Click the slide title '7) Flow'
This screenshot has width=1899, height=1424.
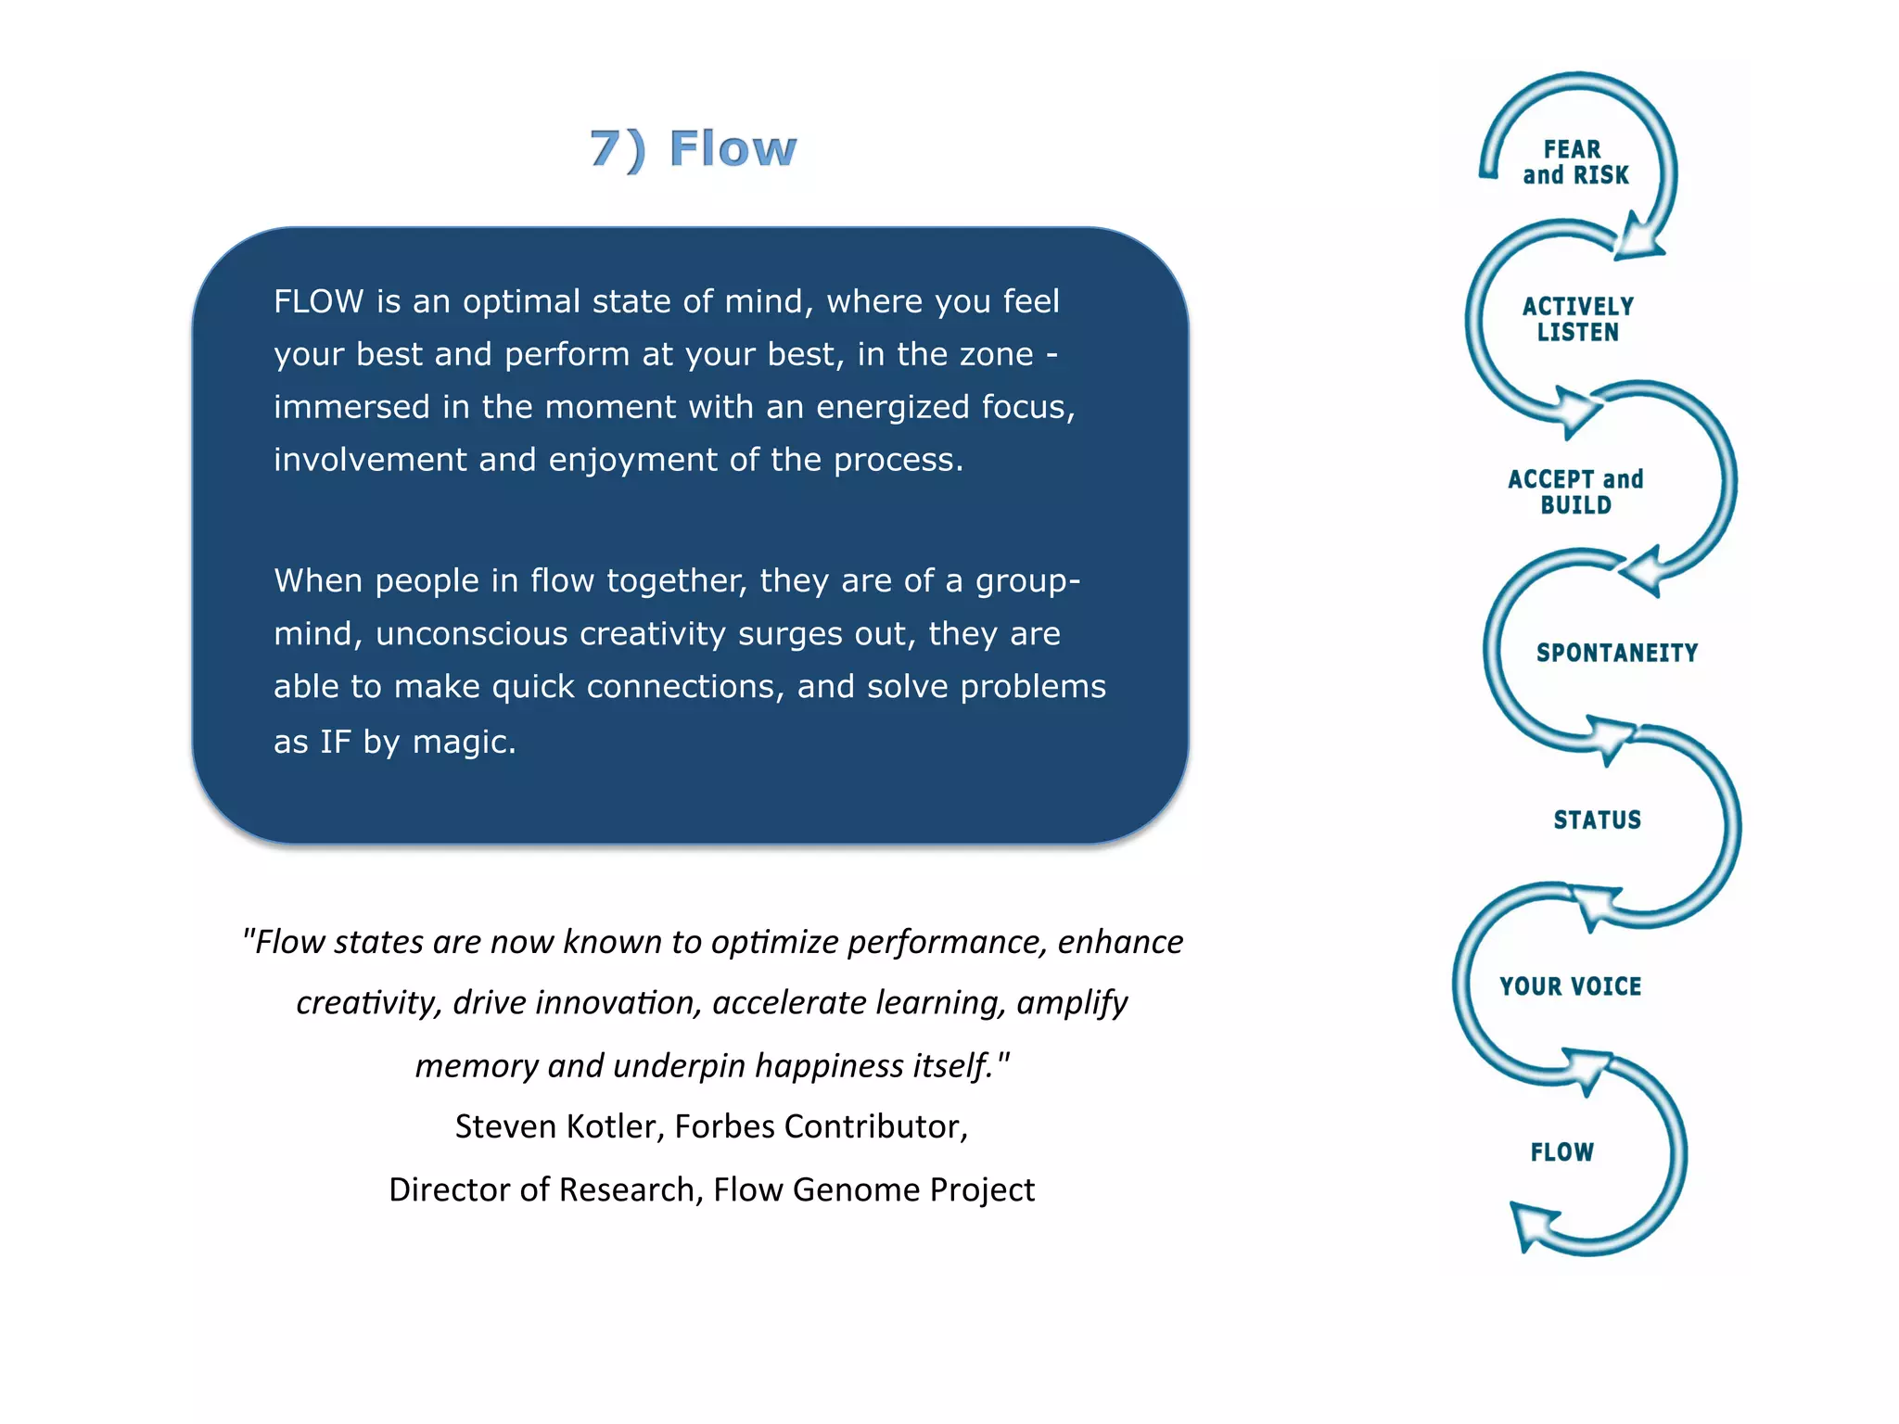click(x=694, y=149)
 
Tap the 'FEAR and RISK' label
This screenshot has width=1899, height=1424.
click(x=1575, y=162)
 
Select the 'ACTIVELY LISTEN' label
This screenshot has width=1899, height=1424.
click(x=1577, y=319)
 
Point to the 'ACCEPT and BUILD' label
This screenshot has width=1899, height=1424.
click(x=1575, y=492)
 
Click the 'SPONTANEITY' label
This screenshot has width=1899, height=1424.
click(x=1616, y=653)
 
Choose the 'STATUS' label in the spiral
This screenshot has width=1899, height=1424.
click(x=1597, y=820)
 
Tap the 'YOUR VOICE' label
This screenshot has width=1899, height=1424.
click(x=1570, y=986)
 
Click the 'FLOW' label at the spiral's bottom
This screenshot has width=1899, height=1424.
click(x=1561, y=1152)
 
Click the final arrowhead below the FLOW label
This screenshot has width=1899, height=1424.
click(x=1530, y=1226)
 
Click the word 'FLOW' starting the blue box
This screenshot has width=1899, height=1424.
click(x=318, y=302)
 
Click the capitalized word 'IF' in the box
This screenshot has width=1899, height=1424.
click(x=336, y=743)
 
